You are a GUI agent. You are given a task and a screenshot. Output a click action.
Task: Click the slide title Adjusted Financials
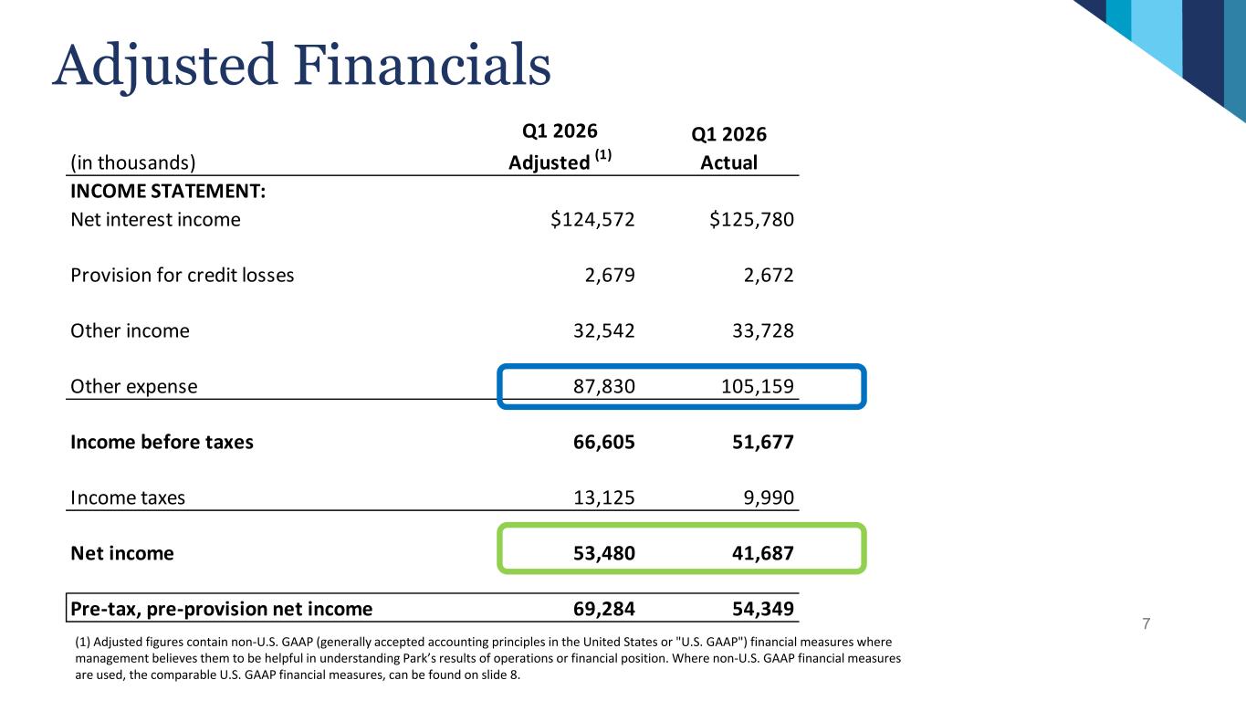pos(302,67)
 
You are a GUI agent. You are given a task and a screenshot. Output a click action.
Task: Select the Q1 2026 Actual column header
pos(728,148)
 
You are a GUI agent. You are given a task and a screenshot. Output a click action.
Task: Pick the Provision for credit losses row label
pos(183,276)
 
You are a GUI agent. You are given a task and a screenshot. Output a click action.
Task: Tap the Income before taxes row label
pos(162,443)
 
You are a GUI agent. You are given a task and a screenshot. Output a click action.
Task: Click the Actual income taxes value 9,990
pos(767,498)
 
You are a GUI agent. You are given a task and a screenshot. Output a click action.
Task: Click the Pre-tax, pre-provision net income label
pos(221,610)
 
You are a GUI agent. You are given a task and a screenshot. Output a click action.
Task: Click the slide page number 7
pos(1147,624)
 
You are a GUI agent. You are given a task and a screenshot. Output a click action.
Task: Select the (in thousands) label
pos(133,163)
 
